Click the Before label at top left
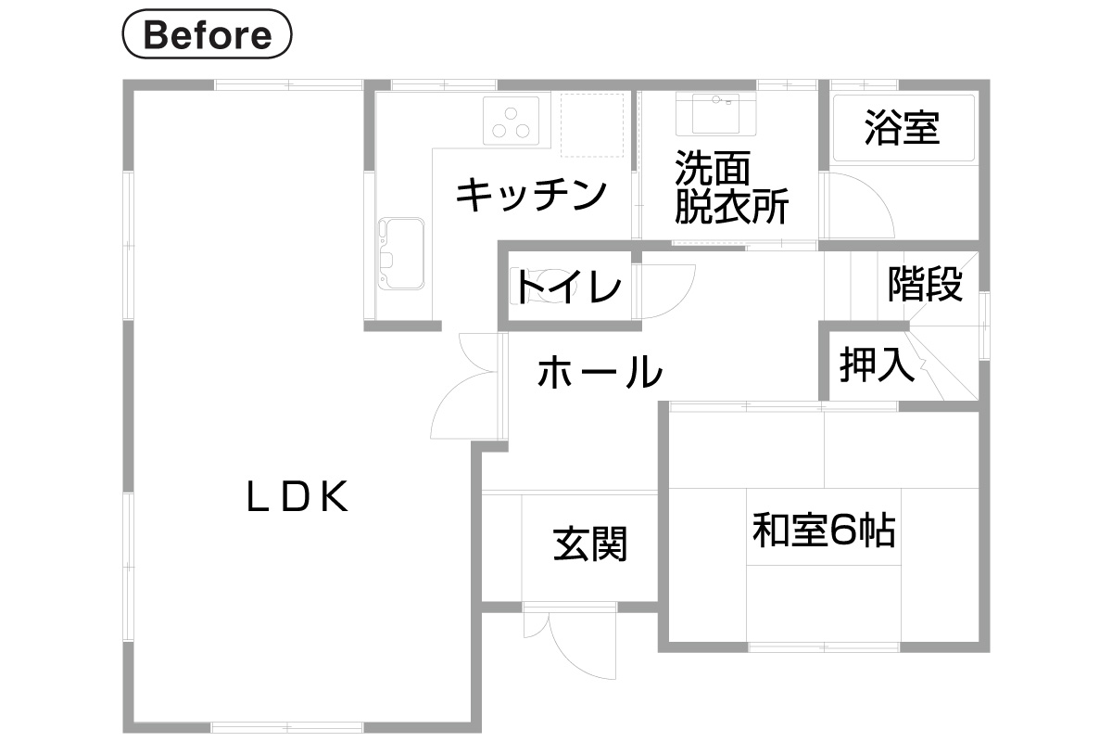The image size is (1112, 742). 207,33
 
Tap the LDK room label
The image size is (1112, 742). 297,496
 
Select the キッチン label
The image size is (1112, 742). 531,195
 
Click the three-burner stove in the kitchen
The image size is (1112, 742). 511,121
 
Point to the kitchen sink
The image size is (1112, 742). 401,253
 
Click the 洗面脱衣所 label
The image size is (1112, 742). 731,186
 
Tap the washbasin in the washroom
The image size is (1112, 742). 715,114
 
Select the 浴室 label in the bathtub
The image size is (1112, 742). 902,128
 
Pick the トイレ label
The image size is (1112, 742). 567,287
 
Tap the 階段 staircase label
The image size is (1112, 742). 926,284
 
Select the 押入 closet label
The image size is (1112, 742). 878,365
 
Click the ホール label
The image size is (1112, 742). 600,371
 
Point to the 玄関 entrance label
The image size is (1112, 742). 590,544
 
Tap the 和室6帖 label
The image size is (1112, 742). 824,530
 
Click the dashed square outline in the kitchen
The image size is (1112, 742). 592,125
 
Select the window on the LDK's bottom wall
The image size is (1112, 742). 287,727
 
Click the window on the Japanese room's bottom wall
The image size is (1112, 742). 824,647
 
